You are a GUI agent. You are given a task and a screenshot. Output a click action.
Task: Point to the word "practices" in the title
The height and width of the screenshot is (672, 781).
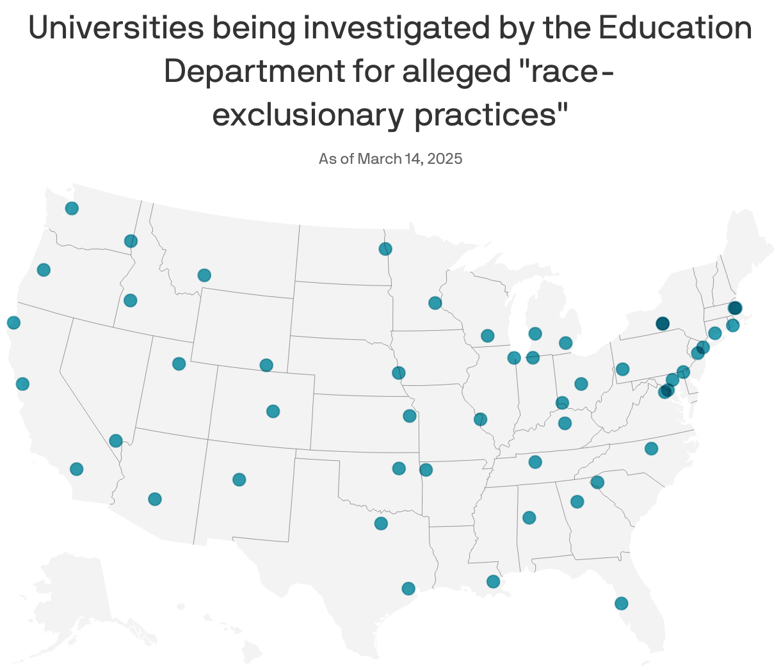pyautogui.click(x=491, y=115)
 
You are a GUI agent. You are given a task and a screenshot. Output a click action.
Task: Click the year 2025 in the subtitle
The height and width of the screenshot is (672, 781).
pyautogui.click(x=444, y=158)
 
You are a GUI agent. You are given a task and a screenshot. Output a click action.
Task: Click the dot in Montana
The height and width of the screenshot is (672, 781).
pyautogui.click(x=204, y=275)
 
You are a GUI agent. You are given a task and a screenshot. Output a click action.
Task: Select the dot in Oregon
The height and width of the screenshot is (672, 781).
pyautogui.click(x=44, y=269)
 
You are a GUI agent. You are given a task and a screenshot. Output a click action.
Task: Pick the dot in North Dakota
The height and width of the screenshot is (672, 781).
pyautogui.click(x=385, y=249)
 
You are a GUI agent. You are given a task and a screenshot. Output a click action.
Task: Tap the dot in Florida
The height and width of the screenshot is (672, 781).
pyautogui.click(x=621, y=603)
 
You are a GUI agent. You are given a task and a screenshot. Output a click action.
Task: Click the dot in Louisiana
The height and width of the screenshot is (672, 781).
pyautogui.click(x=493, y=581)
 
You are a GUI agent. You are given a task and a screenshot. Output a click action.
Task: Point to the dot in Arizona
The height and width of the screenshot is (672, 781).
pyautogui.click(x=154, y=499)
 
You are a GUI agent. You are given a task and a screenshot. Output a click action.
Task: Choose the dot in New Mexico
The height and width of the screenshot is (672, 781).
pyautogui.click(x=239, y=479)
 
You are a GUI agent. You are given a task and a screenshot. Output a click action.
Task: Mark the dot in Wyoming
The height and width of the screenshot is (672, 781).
pyautogui.click(x=266, y=365)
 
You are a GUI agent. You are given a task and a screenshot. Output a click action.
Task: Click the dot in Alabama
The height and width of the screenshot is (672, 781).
pyautogui.click(x=529, y=517)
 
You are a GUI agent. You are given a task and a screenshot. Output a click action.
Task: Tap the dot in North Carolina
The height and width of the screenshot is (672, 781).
pyautogui.click(x=651, y=448)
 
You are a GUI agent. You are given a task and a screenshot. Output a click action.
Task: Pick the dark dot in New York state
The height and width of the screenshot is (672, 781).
pyautogui.click(x=662, y=323)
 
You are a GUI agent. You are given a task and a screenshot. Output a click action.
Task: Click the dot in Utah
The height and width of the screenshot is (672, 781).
pyautogui.click(x=179, y=364)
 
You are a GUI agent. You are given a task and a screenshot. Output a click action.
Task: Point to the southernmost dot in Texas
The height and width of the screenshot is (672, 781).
pyautogui.click(x=408, y=588)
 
